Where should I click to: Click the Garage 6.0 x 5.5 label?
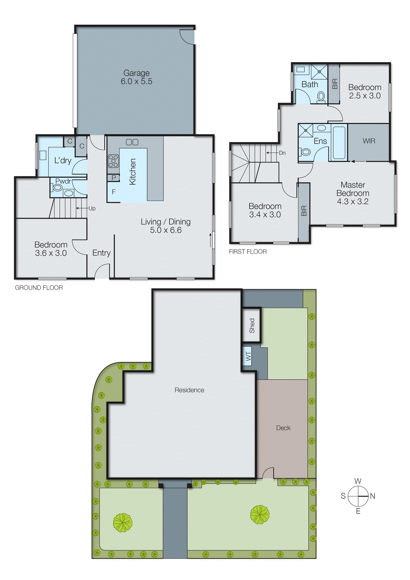tap(136, 77)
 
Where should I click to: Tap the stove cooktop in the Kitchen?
tap(113, 161)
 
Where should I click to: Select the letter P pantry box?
tap(114, 178)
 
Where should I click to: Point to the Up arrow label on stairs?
tap(92, 208)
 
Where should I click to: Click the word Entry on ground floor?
tap(101, 253)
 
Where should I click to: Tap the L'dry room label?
tap(63, 161)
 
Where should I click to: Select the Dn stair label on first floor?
tap(282, 153)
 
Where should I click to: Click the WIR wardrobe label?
tap(369, 141)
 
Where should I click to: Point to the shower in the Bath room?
tap(319, 72)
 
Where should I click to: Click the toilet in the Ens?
tap(306, 152)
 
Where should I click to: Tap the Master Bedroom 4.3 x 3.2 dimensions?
tap(352, 202)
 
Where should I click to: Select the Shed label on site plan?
tap(252, 326)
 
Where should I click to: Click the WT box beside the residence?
tap(248, 356)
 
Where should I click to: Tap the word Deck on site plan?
tap(283, 428)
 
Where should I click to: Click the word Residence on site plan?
tap(189, 390)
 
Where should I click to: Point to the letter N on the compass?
tap(373, 496)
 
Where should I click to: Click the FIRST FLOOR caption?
tap(248, 252)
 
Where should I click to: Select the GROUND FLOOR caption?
tap(39, 288)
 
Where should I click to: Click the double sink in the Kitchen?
tap(132, 142)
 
